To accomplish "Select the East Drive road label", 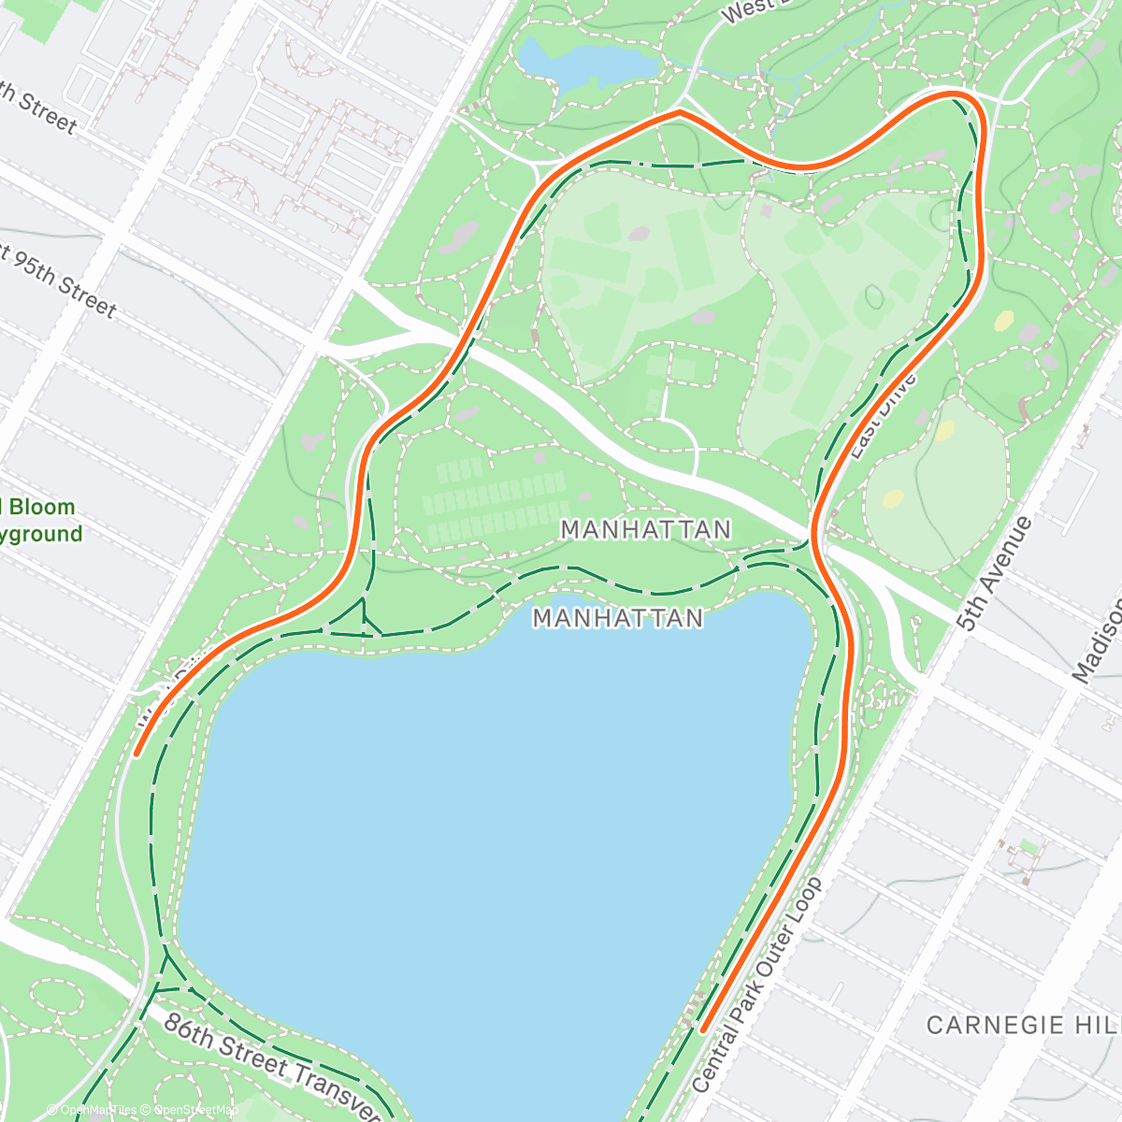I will [x=884, y=416].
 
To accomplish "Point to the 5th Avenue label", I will [x=995, y=572].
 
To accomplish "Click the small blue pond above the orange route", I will [x=584, y=62].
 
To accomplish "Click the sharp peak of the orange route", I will [x=680, y=112].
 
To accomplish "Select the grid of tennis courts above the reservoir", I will [x=496, y=500].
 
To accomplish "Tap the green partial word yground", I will [x=42, y=535].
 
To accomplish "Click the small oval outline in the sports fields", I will [x=874, y=298].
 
